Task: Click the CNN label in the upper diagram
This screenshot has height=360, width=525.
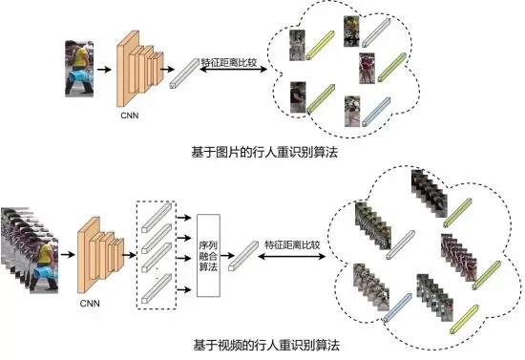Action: point(130,116)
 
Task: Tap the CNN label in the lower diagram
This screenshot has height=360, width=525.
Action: point(90,304)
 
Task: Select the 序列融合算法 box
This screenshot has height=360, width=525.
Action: point(208,256)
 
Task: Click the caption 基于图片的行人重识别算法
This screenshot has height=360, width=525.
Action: point(264,152)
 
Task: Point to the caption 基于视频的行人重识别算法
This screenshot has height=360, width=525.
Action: point(266,345)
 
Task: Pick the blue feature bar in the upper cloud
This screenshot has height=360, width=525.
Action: point(376,112)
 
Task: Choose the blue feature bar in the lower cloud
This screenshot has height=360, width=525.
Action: point(397,307)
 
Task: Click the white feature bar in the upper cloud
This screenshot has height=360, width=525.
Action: point(376,32)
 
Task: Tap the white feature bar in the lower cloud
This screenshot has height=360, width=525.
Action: point(401,244)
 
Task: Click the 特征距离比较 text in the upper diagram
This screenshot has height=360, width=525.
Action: point(229,63)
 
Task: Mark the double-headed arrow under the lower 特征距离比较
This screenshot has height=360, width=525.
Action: point(292,257)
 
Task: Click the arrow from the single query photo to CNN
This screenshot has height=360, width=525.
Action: point(104,70)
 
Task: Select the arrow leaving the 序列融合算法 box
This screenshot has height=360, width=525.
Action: point(227,256)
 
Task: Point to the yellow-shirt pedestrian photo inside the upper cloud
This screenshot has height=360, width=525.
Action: point(351,32)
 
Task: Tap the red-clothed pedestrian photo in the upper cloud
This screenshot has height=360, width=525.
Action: point(367,69)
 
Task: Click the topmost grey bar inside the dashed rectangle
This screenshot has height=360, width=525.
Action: point(157,218)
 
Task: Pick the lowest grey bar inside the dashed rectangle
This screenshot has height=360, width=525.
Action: point(157,288)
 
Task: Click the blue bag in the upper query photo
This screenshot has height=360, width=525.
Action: point(79,76)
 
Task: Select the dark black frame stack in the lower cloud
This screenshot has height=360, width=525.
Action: point(429,193)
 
